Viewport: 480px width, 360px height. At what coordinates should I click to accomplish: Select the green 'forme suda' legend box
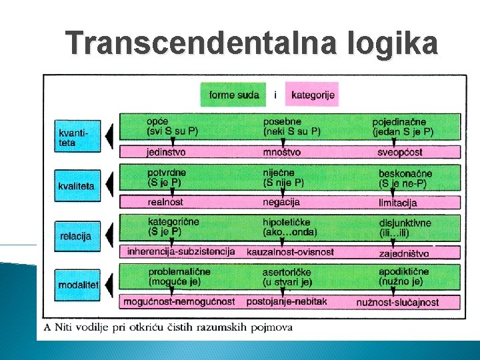[x=234, y=95]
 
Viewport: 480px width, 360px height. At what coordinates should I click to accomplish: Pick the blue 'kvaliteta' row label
[x=76, y=186]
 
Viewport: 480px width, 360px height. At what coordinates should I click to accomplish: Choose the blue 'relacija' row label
[x=76, y=235]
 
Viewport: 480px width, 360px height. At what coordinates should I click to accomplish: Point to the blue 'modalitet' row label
[x=78, y=285]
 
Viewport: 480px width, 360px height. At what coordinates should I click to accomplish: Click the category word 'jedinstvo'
[x=167, y=152]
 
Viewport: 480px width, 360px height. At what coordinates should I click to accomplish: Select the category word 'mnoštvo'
[x=282, y=152]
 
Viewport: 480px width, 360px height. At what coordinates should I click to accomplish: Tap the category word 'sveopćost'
[x=400, y=152]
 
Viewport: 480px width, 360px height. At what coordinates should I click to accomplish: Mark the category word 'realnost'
[x=165, y=202]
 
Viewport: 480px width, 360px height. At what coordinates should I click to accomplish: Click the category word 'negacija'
[x=281, y=201]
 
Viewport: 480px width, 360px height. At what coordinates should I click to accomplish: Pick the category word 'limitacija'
[x=397, y=202]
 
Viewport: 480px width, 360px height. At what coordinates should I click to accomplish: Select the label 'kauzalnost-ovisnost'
[x=290, y=252]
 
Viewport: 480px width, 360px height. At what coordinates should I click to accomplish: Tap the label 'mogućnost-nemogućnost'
[x=179, y=301]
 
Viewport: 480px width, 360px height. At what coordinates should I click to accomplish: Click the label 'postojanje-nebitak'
[x=287, y=301]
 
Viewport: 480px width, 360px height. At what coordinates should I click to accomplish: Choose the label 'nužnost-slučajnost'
[x=398, y=302]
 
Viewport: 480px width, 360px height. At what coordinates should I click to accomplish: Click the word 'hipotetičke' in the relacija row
[x=286, y=222]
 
